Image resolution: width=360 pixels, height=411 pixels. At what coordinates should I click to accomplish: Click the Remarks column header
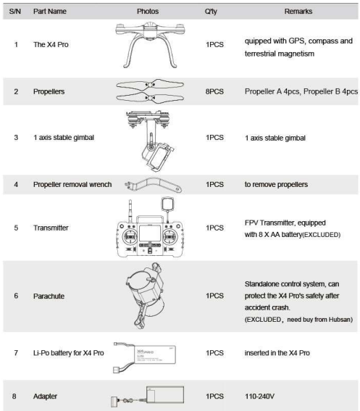(x=298, y=12)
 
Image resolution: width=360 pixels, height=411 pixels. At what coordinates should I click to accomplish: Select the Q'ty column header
(x=211, y=12)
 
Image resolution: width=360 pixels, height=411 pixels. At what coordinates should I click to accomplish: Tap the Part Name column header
(x=50, y=12)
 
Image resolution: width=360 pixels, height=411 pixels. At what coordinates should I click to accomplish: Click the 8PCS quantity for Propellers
(x=214, y=91)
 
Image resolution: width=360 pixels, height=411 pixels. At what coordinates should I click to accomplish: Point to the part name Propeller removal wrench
(x=72, y=185)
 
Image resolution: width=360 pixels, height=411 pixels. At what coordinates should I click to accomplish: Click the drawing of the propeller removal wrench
(x=153, y=185)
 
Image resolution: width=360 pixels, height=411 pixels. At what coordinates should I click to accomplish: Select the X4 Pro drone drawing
(x=150, y=45)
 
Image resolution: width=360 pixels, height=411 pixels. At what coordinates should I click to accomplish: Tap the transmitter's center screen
(x=150, y=233)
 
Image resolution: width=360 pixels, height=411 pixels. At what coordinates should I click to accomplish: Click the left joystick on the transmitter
(x=130, y=237)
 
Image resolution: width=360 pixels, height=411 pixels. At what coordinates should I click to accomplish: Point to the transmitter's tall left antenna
(x=130, y=212)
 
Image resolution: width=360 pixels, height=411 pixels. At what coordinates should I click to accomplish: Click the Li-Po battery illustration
(x=144, y=357)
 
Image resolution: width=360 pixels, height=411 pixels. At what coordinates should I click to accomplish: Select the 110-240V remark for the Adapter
(x=259, y=396)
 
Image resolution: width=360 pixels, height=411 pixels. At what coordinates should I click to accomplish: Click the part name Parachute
(x=49, y=296)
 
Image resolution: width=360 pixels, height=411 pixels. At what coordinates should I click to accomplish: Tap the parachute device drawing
(x=145, y=296)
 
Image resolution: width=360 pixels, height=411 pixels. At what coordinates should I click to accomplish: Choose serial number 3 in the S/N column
(x=16, y=137)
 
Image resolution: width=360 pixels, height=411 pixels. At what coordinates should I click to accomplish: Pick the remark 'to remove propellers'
(x=276, y=185)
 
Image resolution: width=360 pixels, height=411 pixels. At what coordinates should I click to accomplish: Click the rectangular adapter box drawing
(x=165, y=394)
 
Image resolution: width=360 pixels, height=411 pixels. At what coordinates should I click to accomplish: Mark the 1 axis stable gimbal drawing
(x=150, y=141)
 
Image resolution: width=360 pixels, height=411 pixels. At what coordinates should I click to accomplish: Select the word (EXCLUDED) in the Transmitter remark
(x=321, y=235)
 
